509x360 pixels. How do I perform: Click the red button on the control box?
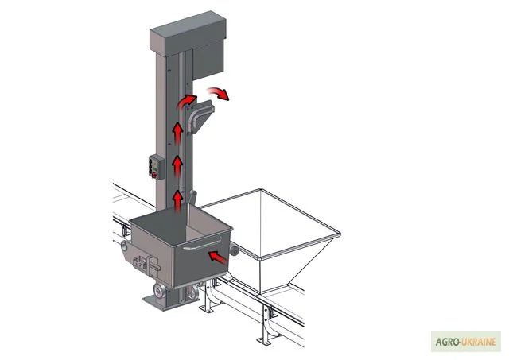coord(154,176)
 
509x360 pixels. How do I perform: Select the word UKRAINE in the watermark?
coord(478,342)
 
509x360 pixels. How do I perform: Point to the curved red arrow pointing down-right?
coord(219,93)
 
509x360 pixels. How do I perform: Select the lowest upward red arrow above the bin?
coord(177,201)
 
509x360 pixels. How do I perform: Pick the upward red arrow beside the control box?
coord(177,166)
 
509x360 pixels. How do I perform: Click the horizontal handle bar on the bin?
coord(202,244)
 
